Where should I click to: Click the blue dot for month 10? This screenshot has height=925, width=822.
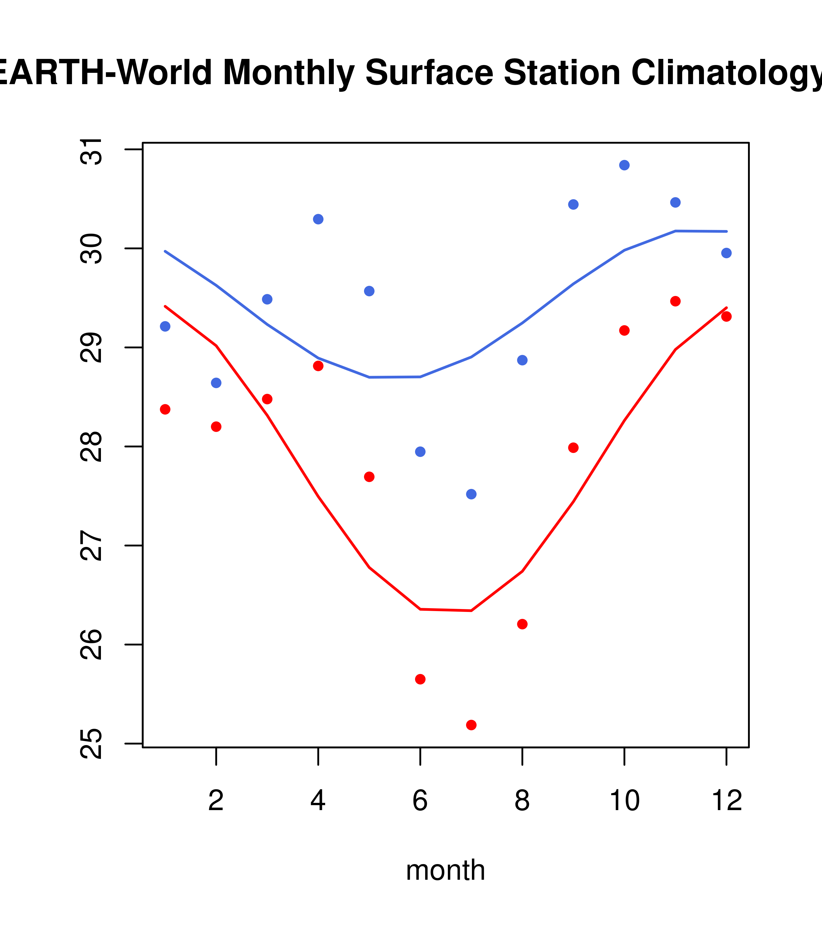(624, 165)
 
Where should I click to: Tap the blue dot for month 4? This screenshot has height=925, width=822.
(318, 219)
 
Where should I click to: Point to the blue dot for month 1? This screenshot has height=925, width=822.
(165, 326)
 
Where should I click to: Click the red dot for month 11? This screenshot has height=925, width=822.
(676, 301)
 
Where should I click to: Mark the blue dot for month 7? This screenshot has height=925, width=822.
(471, 494)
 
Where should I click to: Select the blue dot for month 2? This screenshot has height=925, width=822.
(216, 383)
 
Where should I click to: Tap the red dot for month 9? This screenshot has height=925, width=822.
(573, 448)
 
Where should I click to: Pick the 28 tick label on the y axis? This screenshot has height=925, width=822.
(91, 447)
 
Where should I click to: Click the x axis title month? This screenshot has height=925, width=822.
(446, 870)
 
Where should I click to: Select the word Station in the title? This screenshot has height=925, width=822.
(562, 73)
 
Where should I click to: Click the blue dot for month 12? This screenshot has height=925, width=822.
(727, 253)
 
